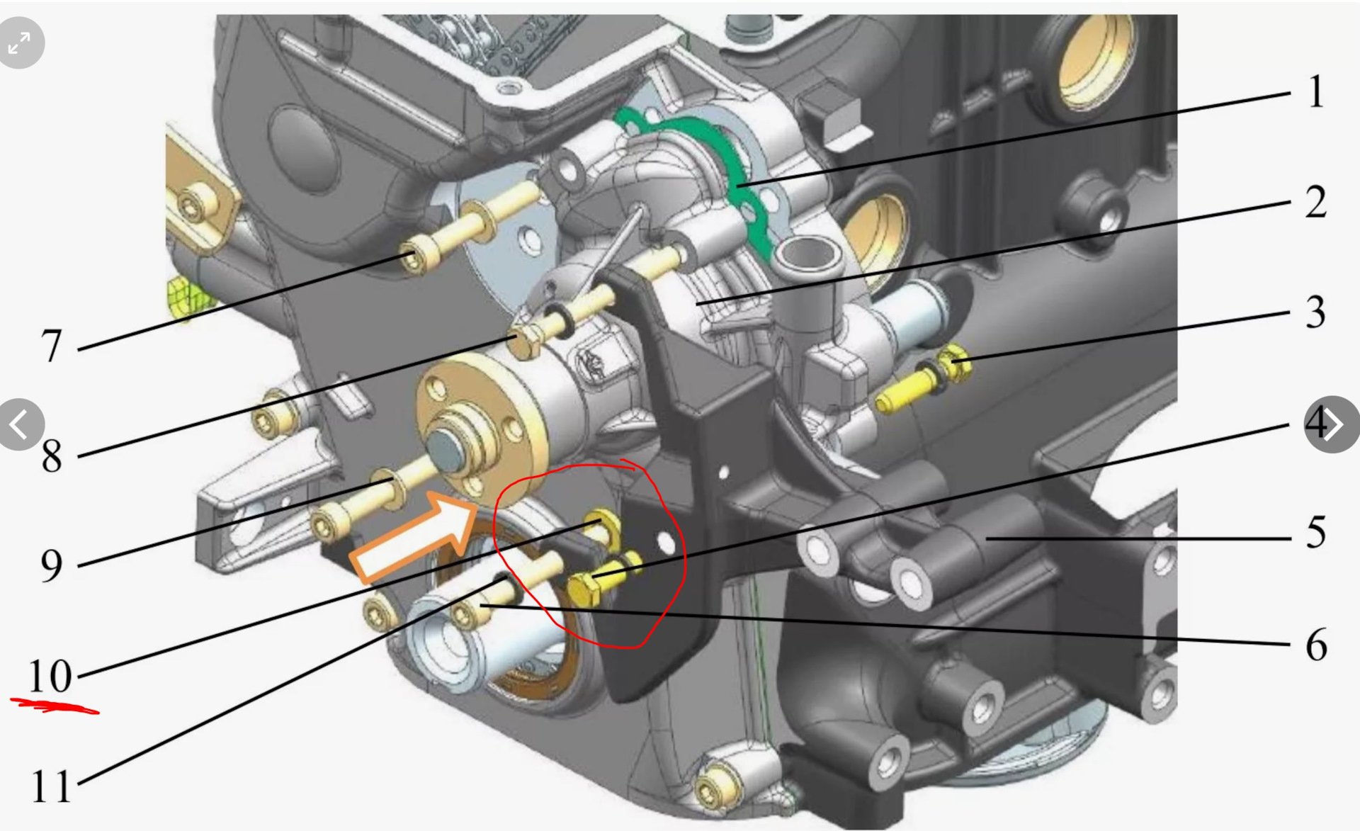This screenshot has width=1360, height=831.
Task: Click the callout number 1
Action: (x=1316, y=92)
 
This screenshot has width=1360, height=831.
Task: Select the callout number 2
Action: (x=1316, y=202)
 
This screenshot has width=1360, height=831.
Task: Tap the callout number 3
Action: (x=1316, y=312)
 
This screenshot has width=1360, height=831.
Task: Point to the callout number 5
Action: (x=1316, y=532)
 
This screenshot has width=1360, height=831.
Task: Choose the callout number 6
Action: (x=1316, y=645)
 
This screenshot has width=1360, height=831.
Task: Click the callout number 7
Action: (x=51, y=346)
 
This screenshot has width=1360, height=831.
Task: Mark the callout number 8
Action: (x=51, y=456)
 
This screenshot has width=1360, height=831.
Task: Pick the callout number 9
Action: (x=51, y=566)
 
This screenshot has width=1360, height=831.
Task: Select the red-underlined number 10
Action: (x=50, y=676)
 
